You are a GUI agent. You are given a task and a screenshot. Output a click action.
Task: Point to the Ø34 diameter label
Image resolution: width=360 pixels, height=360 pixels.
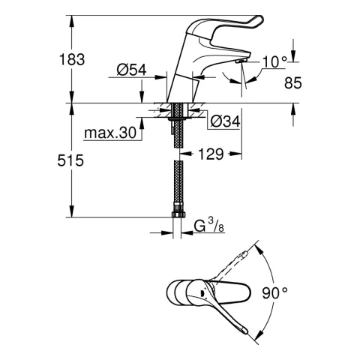(x=224, y=120)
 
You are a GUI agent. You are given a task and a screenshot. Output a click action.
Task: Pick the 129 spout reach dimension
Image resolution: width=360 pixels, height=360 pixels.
(x=212, y=154)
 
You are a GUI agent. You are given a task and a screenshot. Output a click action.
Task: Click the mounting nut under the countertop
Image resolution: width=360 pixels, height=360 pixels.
(x=177, y=116)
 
